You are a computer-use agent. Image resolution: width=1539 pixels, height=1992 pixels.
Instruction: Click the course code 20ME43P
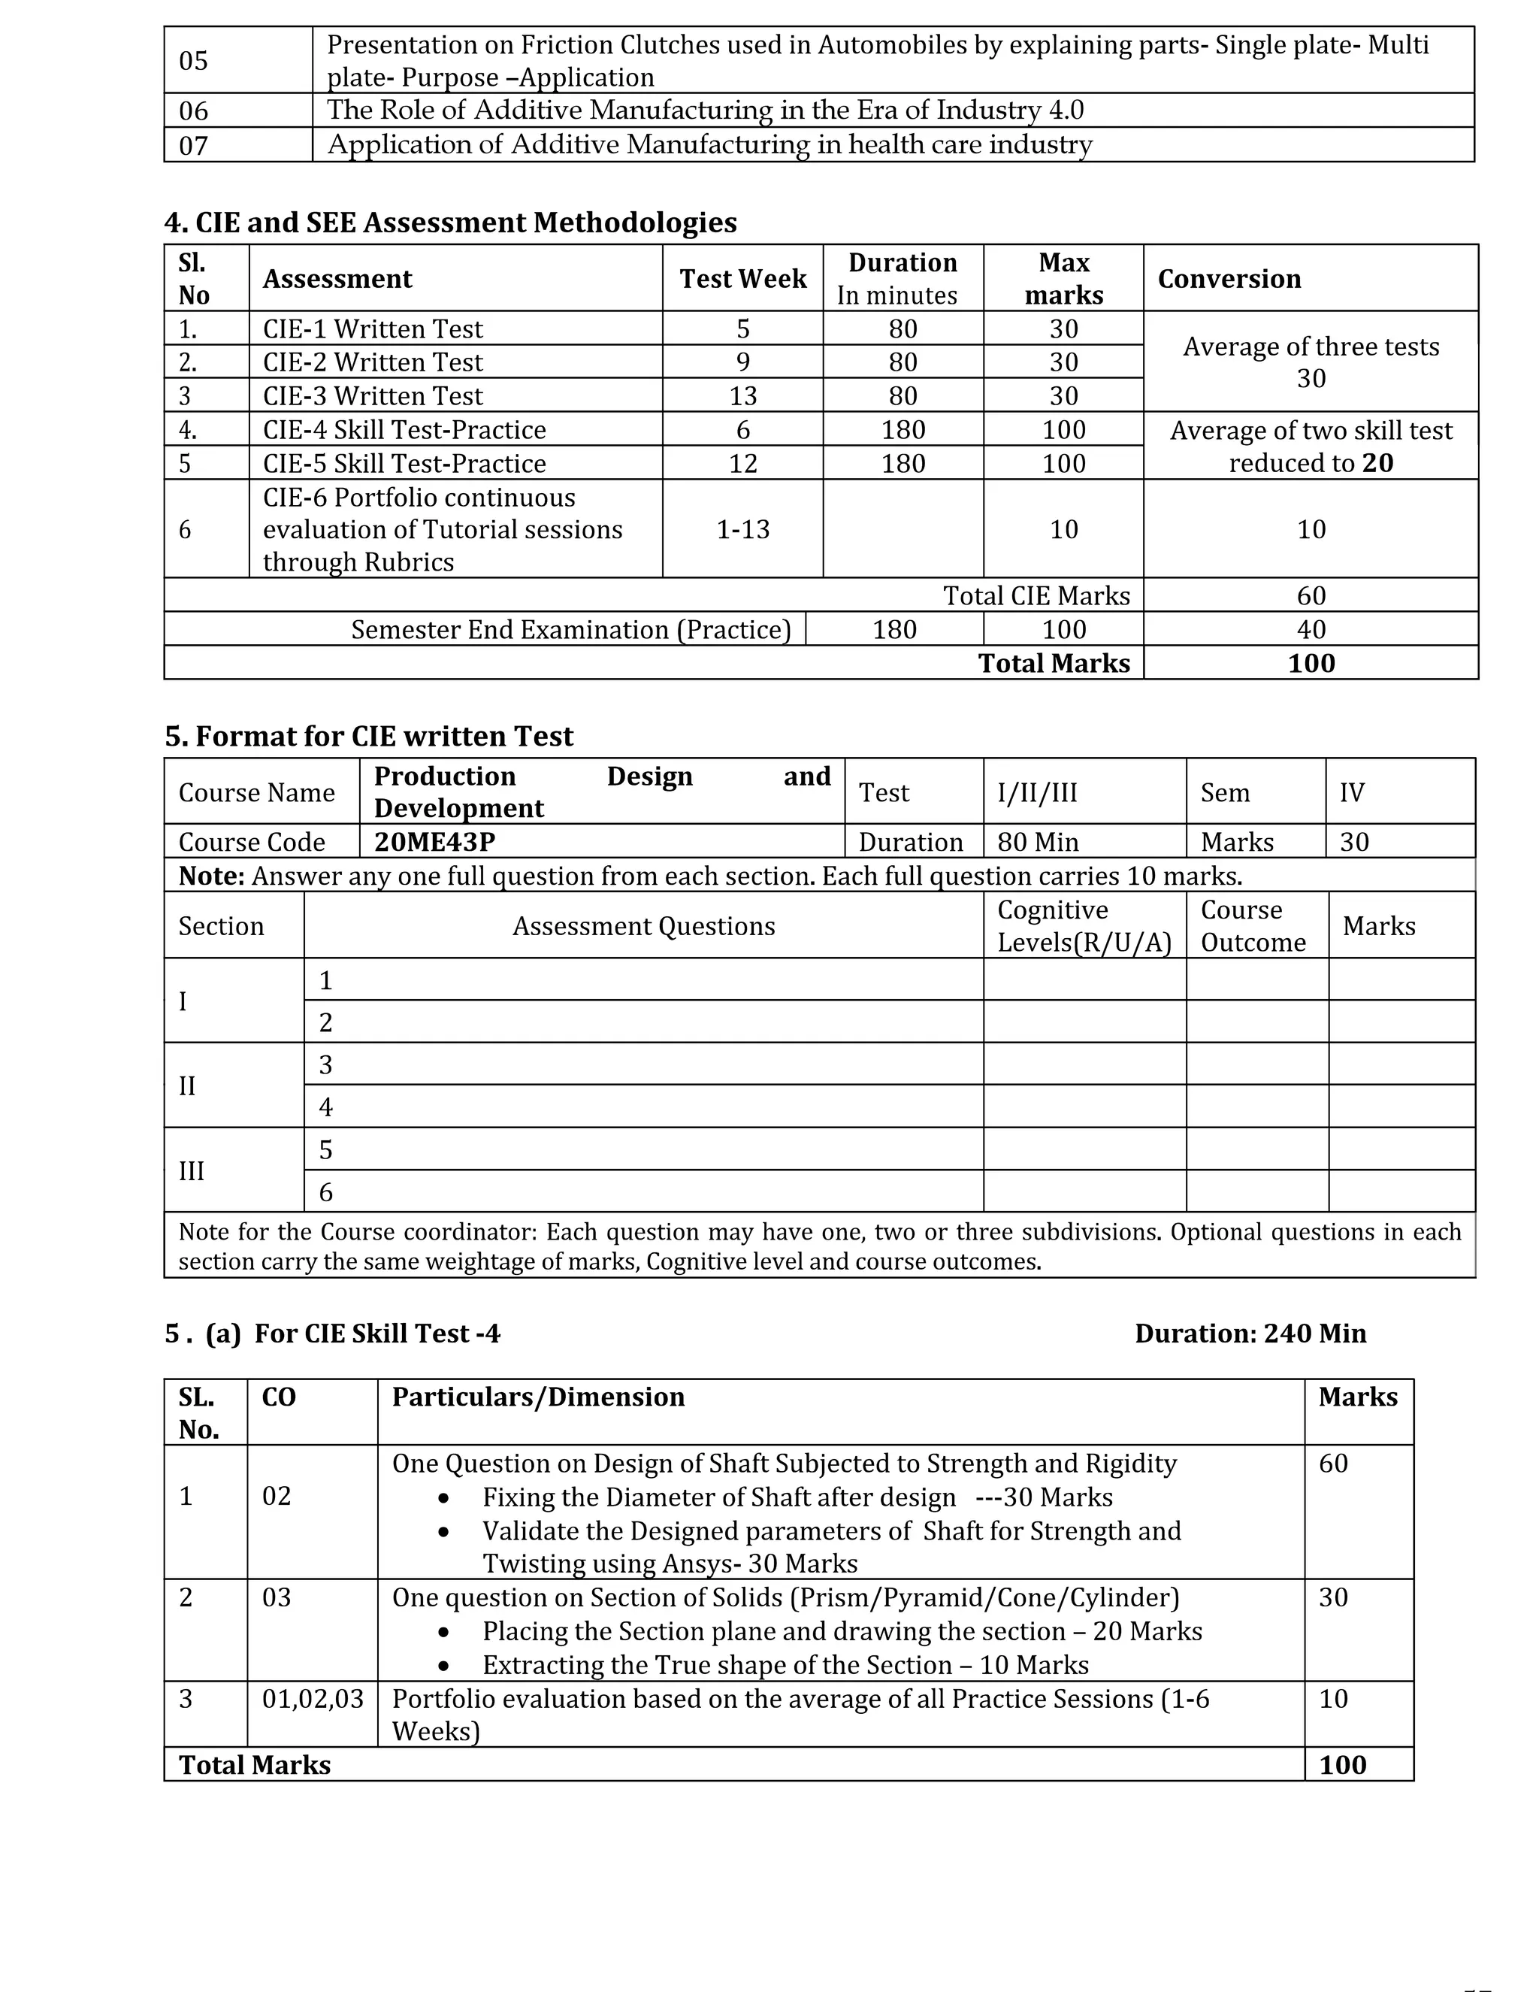click(434, 841)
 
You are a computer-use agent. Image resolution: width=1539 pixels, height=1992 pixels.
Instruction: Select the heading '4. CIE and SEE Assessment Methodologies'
click(450, 222)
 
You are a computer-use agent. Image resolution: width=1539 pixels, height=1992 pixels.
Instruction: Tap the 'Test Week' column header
click(742, 278)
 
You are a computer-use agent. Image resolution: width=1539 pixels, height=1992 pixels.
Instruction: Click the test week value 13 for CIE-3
click(742, 396)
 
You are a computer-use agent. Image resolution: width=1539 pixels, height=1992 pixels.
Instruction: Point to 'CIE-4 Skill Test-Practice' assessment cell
click(404, 429)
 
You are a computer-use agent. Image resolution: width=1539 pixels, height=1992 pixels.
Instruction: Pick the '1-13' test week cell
click(742, 529)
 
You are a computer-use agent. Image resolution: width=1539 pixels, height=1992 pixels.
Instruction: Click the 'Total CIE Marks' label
click(1036, 595)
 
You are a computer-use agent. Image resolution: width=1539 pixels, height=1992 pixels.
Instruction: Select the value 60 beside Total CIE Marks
click(1310, 595)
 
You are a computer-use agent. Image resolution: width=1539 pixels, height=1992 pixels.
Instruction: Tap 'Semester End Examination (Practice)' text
click(571, 629)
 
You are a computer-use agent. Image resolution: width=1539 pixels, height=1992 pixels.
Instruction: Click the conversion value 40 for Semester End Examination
click(1310, 629)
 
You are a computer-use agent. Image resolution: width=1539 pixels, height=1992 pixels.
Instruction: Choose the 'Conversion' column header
click(1229, 278)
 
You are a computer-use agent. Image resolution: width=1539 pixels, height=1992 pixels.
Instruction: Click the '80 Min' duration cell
click(1038, 841)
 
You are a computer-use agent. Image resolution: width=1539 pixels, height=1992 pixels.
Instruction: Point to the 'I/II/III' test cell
click(1038, 792)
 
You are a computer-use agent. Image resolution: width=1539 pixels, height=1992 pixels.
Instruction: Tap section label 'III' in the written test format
click(192, 1170)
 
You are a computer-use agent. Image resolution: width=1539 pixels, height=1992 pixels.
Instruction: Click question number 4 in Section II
click(325, 1106)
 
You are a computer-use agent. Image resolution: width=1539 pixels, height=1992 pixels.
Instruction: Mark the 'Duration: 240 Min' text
click(1250, 1334)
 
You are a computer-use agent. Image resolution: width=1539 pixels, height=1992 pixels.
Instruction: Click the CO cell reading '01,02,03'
click(313, 1698)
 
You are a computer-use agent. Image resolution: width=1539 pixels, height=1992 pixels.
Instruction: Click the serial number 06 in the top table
click(193, 111)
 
